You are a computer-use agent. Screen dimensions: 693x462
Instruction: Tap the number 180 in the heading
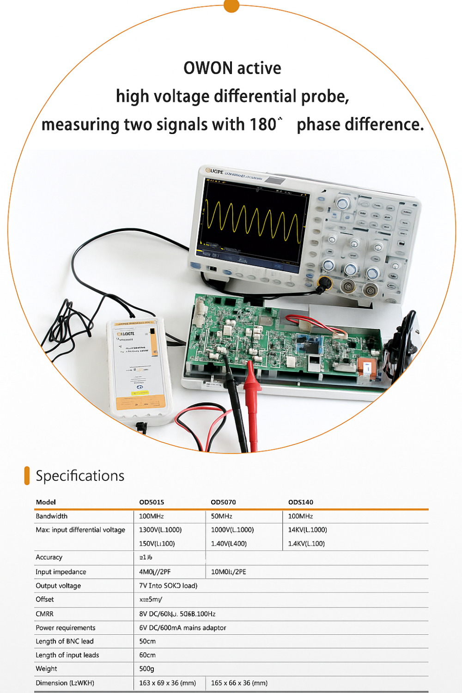(263, 125)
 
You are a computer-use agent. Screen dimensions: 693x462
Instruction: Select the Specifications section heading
(80, 476)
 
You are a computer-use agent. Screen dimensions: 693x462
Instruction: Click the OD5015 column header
(152, 502)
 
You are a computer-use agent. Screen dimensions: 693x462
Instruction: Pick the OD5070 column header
(223, 502)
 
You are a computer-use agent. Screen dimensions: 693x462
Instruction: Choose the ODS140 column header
(301, 502)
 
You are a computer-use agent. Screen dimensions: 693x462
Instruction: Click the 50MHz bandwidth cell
(222, 516)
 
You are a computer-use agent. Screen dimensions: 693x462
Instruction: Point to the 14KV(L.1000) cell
(307, 530)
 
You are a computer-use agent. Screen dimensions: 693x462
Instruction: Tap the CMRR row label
(44, 614)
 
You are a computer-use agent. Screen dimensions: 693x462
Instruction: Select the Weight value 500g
(146, 669)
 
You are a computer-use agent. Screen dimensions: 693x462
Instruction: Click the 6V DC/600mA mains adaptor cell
(182, 628)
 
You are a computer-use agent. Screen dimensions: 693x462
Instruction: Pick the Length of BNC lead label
(65, 641)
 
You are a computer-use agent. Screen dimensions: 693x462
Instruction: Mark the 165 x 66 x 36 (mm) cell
(239, 683)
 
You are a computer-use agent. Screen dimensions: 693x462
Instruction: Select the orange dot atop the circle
(231, 5)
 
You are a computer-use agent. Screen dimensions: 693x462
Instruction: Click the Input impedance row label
(61, 572)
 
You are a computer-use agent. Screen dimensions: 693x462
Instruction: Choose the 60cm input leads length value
(147, 655)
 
